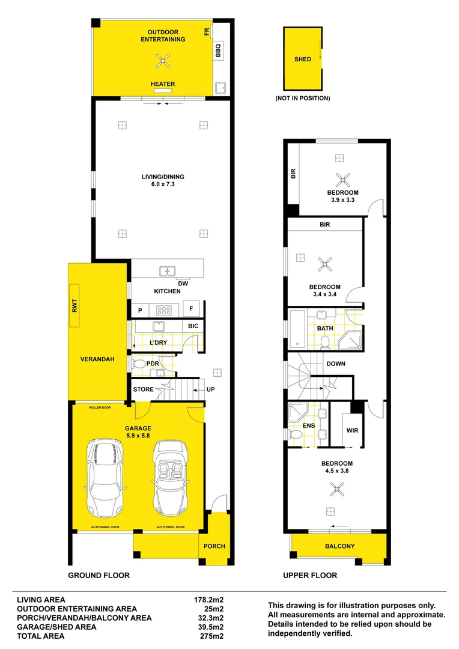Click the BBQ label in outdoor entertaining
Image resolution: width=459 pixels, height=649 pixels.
click(x=218, y=50)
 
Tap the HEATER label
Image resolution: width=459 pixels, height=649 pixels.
click(x=163, y=84)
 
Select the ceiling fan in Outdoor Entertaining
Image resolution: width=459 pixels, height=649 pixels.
click(x=163, y=59)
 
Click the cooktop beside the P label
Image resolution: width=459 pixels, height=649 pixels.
click(x=163, y=310)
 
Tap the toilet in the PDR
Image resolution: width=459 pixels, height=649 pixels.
click(x=138, y=364)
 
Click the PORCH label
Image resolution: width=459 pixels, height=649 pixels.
click(x=214, y=546)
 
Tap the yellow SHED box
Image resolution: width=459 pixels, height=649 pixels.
click(x=303, y=59)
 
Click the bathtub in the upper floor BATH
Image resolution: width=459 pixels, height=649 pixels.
click(x=297, y=329)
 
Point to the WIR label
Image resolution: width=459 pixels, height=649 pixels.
click(x=352, y=430)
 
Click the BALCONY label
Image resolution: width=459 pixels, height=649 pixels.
click(x=340, y=546)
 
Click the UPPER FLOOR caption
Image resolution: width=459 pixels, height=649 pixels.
click(x=310, y=575)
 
